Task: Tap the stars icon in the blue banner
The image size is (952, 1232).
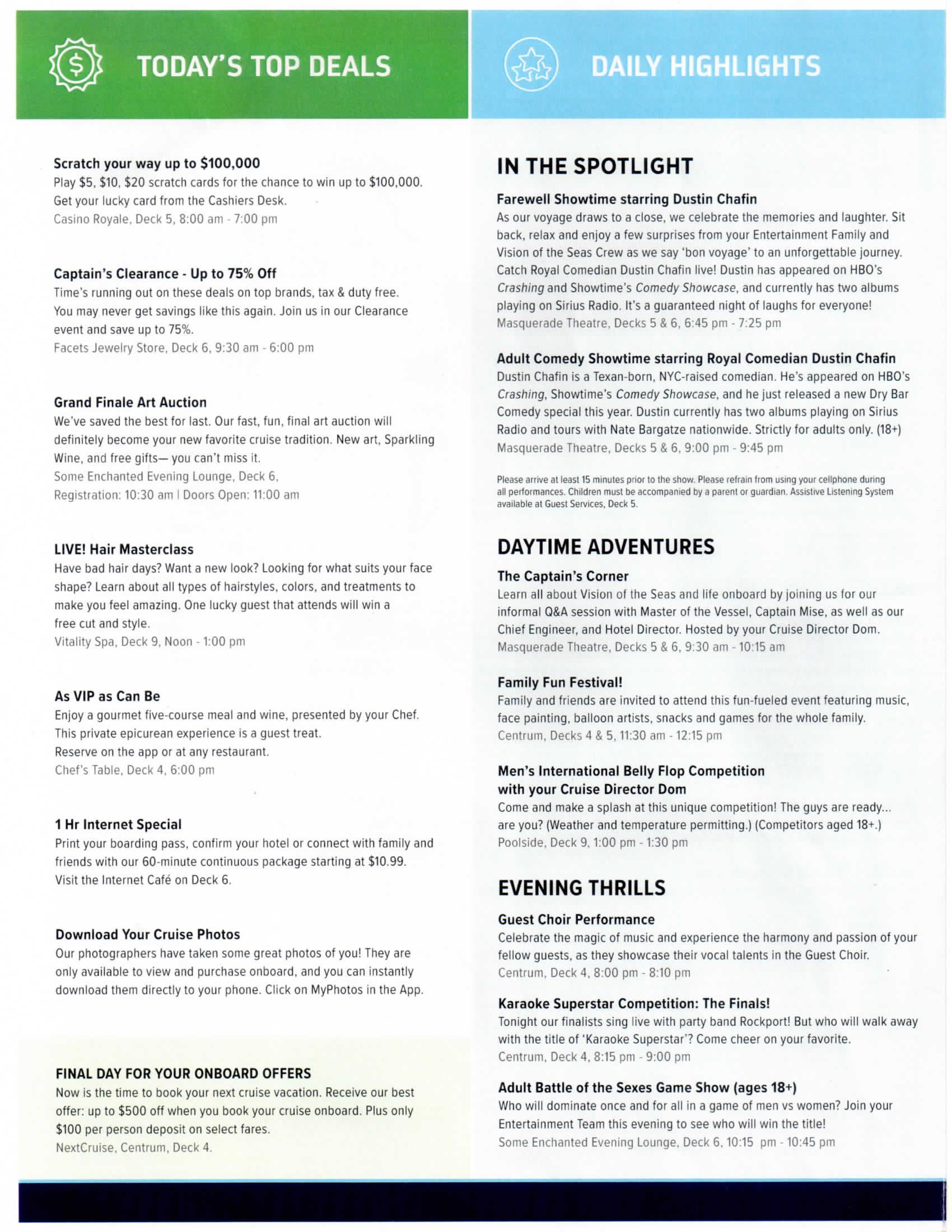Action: (531, 65)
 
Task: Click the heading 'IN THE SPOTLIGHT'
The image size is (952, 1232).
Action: (594, 166)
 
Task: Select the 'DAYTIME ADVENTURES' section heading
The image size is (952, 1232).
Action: (605, 547)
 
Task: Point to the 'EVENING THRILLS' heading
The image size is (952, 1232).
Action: (581, 888)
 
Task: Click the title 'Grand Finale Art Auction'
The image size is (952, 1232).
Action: (130, 402)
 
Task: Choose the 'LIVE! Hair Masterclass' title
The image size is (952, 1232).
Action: (124, 549)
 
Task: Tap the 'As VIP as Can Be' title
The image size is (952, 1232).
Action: (107, 696)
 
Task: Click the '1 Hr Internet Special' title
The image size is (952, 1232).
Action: (118, 824)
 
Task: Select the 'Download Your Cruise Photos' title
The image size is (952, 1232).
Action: (147, 934)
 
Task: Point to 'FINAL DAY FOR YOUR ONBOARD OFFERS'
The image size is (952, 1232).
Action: (183, 1073)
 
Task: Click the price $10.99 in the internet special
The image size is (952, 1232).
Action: (386, 861)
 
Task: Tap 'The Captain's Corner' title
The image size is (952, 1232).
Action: (562, 576)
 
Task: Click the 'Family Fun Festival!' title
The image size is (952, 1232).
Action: (559, 682)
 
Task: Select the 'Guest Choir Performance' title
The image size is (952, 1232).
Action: (576, 920)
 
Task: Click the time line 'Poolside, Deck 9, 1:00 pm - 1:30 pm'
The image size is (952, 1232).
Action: (592, 842)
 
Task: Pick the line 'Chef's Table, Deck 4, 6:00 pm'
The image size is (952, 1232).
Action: (134, 770)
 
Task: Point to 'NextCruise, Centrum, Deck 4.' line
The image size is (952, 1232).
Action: (134, 1147)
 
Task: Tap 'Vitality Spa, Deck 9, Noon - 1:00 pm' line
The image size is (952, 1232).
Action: (150, 641)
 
